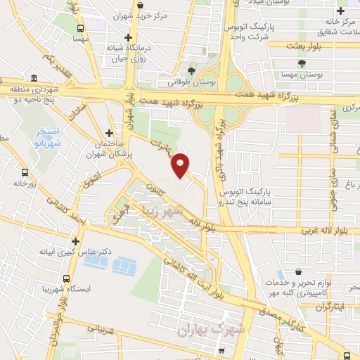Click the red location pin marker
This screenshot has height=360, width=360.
(x=181, y=165)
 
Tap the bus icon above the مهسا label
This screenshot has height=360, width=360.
(x=81, y=28)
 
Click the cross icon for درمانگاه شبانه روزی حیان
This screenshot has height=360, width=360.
(x=127, y=37)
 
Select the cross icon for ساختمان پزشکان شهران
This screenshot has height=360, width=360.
(x=109, y=132)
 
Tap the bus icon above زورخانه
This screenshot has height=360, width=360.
(x=25, y=172)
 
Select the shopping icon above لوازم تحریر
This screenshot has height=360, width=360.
(x=299, y=271)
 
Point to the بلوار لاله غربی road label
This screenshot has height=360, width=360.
(x=306, y=231)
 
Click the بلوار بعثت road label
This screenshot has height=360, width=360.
(x=304, y=45)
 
